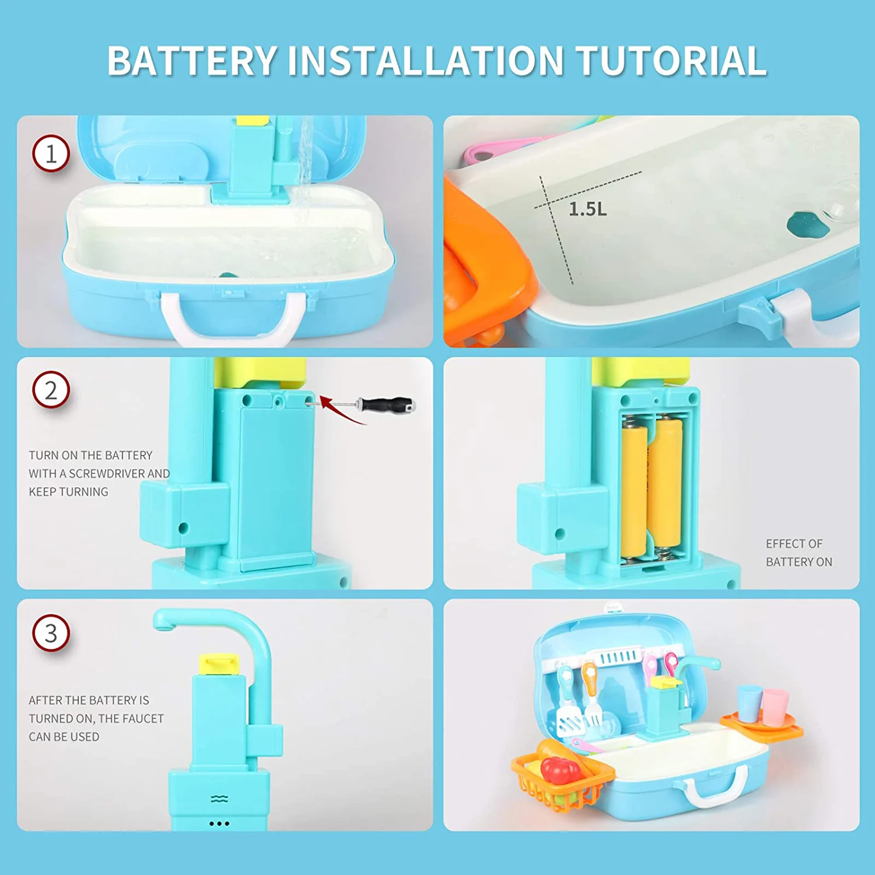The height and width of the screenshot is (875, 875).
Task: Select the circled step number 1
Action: click(x=51, y=154)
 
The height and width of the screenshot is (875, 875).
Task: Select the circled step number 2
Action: click(x=51, y=390)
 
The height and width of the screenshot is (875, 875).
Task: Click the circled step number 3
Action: click(x=51, y=633)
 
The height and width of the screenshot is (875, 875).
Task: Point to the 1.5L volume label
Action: click(x=587, y=209)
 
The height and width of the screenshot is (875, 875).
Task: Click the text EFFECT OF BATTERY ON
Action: click(x=798, y=552)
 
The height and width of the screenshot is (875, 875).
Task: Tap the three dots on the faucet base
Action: click(x=219, y=824)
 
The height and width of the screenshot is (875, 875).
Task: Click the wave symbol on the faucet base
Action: click(x=219, y=800)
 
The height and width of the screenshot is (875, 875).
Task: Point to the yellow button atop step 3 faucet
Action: click(x=219, y=664)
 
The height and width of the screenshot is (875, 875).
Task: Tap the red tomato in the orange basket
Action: click(x=561, y=770)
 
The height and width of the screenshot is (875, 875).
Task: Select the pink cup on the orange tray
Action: click(x=775, y=707)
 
